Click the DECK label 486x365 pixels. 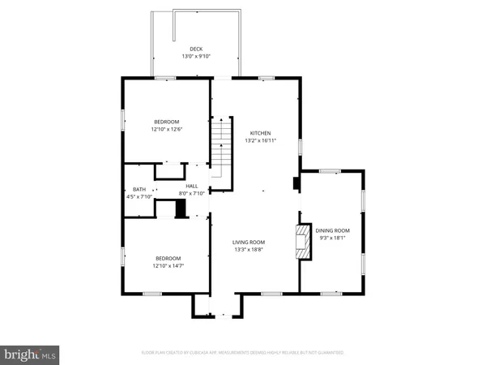[196, 49]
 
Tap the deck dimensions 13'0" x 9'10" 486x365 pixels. [196, 56]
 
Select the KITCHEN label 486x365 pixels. [260, 133]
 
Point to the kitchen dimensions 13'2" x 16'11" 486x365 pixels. [260, 140]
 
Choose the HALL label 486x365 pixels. [192, 186]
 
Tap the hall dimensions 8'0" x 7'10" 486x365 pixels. [192, 193]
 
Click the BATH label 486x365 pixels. [139, 188]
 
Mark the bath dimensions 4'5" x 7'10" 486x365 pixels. [139, 195]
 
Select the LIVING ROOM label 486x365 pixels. [249, 242]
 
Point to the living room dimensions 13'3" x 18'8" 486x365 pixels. [249, 249]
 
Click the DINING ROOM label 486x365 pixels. [332, 230]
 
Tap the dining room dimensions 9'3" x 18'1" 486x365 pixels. [332, 238]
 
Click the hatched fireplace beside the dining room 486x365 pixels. [301, 243]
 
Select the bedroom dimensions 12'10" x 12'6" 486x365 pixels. [167, 129]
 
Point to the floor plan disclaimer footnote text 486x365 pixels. [243, 353]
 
